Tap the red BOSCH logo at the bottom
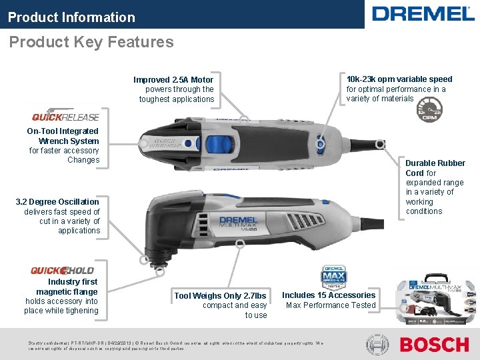click(434, 345)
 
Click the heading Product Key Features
click(91, 42)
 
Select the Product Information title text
click(71, 17)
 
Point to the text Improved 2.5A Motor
click(173, 80)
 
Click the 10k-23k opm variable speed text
click(399, 79)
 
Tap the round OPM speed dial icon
click(431, 107)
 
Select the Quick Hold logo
click(62, 271)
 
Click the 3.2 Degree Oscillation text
click(57, 202)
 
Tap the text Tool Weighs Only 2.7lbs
click(220, 296)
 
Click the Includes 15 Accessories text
click(329, 295)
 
